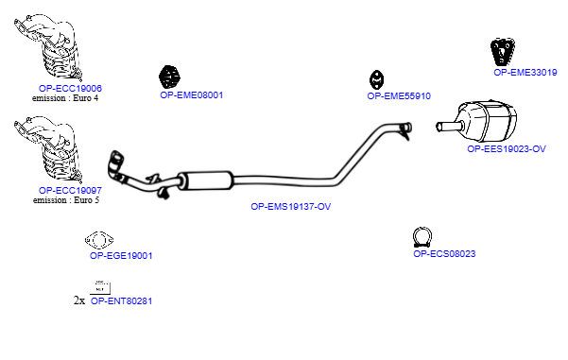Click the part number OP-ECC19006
(x=70, y=88)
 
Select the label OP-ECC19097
(x=70, y=190)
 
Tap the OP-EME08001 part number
(x=192, y=95)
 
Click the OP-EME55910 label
(x=399, y=96)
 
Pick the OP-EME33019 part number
(x=525, y=73)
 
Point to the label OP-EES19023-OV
(x=507, y=149)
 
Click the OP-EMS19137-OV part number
(x=291, y=206)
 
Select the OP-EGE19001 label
(x=121, y=256)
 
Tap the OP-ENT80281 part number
(x=121, y=301)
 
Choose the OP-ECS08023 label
(x=444, y=254)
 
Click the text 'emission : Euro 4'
(x=65, y=97)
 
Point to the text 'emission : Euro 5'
(x=66, y=200)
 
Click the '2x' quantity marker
(x=79, y=300)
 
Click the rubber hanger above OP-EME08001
(x=169, y=77)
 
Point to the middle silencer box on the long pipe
(x=205, y=180)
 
